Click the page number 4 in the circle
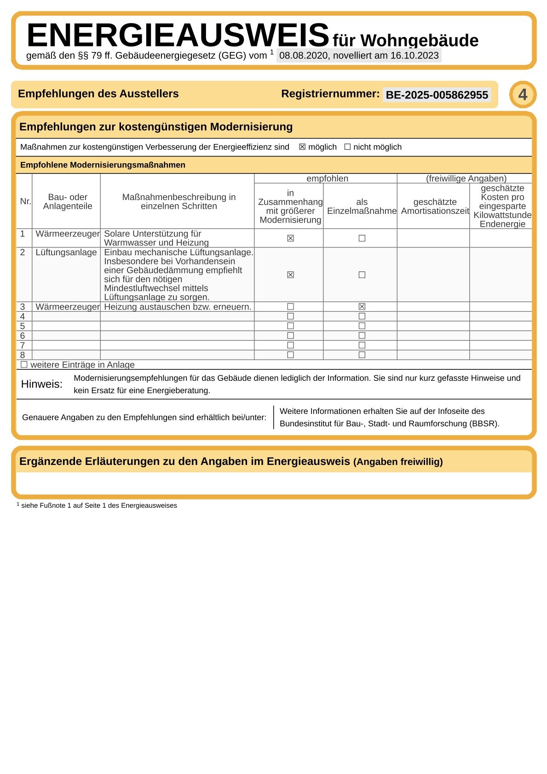coord(523,95)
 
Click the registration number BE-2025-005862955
coord(437,95)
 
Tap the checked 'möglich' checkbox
coord(302,147)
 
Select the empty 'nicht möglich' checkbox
coord(347,147)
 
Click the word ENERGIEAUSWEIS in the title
coord(178,35)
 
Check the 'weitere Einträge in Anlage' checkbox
coord(24,365)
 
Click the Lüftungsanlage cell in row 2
coord(66,252)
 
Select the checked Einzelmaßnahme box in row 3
coord(362,307)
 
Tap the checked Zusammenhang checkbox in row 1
coord(290,238)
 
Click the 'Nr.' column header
coord(25,201)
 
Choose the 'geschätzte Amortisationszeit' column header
coord(435,206)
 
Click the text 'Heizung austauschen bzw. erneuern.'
coord(178,307)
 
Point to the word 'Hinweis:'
coord(41,384)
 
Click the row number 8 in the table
coord(23,355)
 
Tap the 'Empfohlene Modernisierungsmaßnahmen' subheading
coord(103,165)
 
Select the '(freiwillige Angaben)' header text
coord(466,178)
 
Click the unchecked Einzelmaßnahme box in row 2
coord(362,275)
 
